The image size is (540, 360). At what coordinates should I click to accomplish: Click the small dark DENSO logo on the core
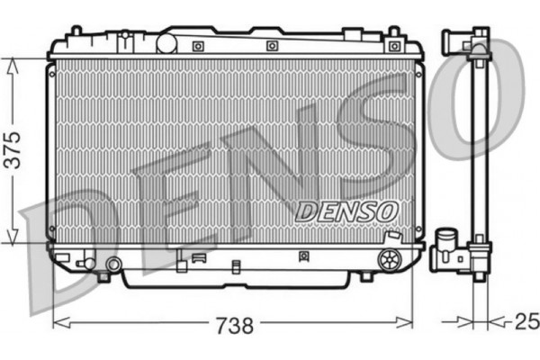coord(346,211)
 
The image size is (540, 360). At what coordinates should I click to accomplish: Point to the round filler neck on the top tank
coord(166,42)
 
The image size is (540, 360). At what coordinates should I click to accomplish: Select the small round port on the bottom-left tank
coord(113,265)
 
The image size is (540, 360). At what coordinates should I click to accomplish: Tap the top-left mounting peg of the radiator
coord(75,32)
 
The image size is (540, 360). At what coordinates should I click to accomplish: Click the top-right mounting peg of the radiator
coord(393,33)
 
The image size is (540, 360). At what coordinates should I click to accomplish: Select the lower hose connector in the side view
coord(446,247)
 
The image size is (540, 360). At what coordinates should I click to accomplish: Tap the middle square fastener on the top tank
coord(272,45)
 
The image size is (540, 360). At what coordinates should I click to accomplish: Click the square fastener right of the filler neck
coord(199,45)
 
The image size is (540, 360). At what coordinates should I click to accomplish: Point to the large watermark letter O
coord(481,99)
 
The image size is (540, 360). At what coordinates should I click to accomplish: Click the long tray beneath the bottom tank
coord(234,279)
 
